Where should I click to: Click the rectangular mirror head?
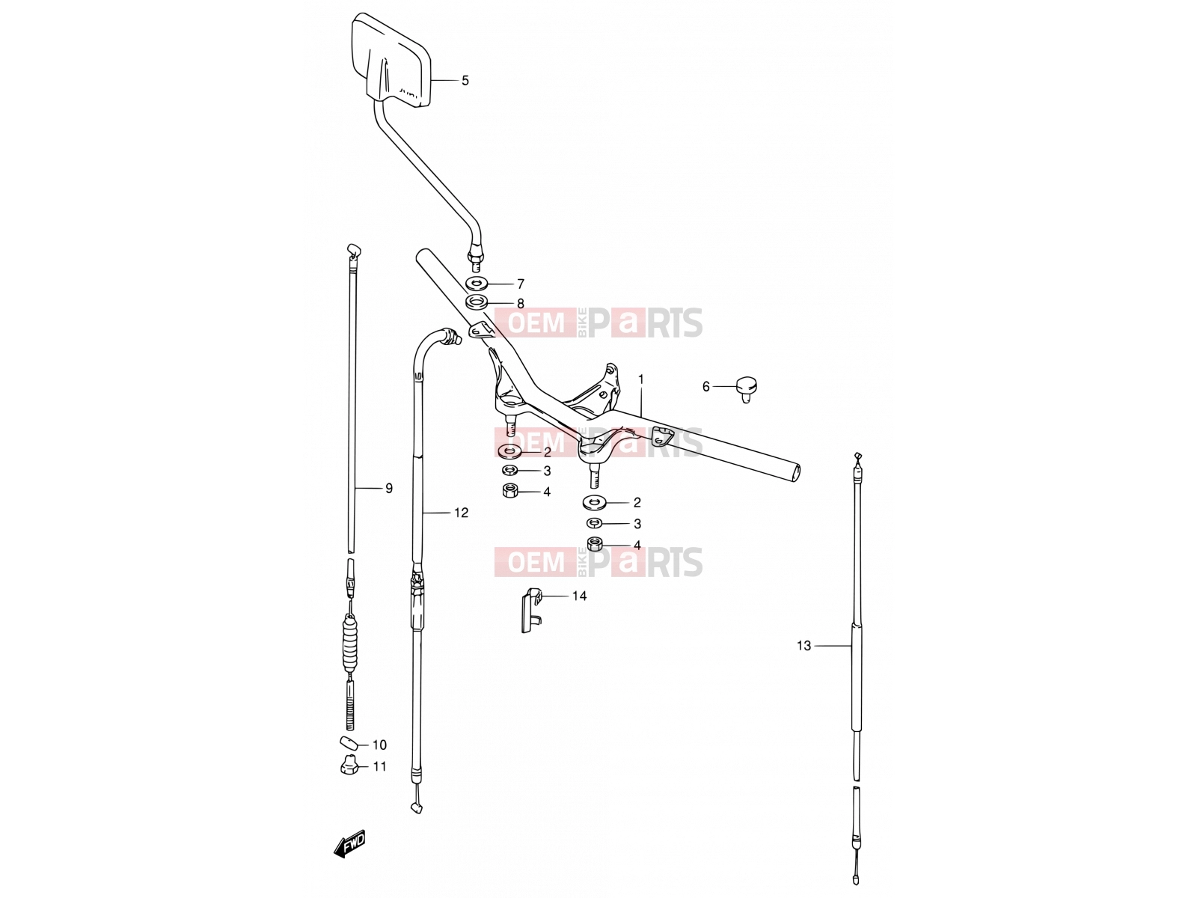391,60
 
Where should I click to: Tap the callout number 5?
465,81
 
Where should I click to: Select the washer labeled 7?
477,284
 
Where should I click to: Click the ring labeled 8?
477,302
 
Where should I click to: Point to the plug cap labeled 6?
747,388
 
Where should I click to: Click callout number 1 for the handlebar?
640,379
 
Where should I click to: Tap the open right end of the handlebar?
796,472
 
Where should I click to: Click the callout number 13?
803,646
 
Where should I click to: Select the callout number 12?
461,513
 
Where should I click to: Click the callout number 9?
389,488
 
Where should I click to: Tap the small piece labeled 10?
349,742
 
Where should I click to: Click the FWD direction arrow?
349,845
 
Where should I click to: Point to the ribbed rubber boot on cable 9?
351,643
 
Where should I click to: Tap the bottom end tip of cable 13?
856,880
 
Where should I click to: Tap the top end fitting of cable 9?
353,251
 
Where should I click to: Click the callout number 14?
579,596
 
